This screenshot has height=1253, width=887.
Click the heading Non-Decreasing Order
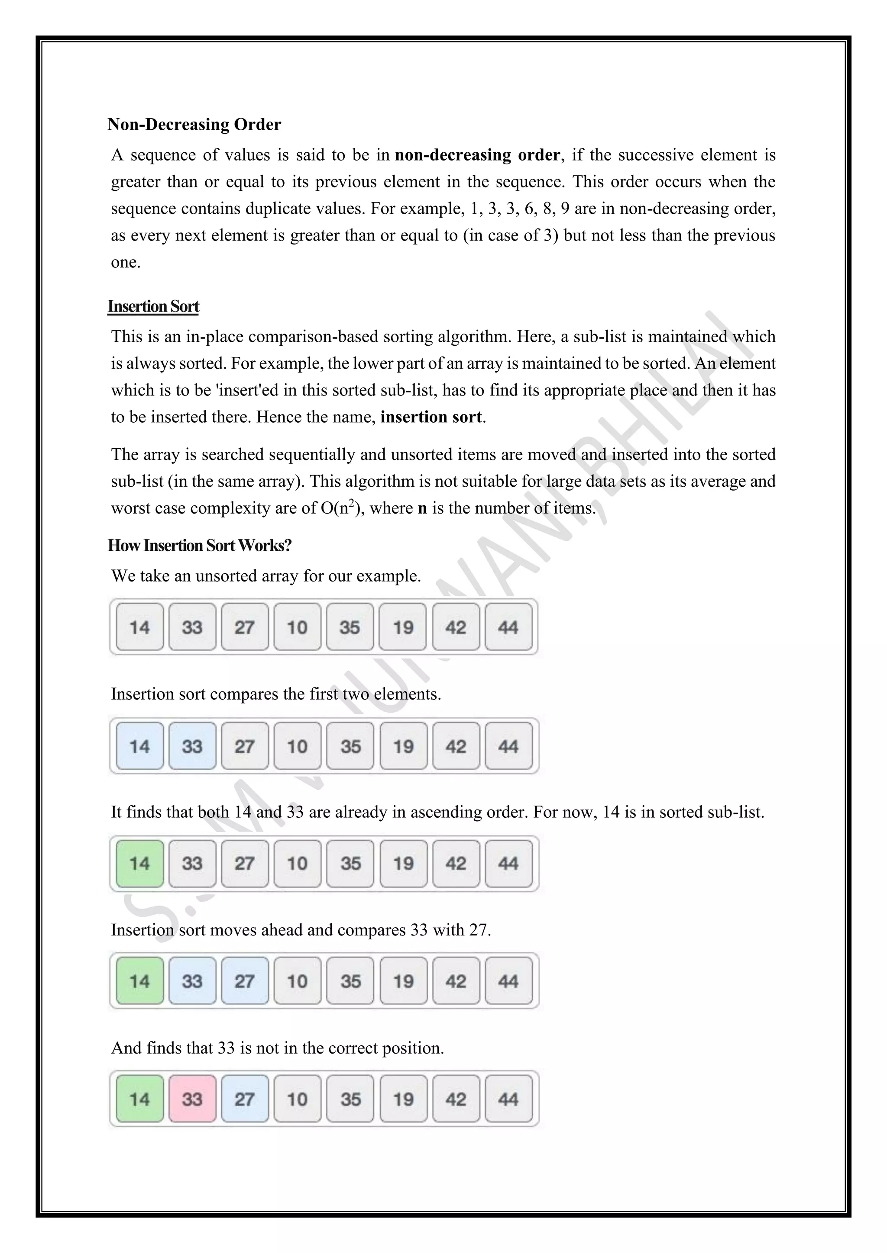pyautogui.click(x=194, y=125)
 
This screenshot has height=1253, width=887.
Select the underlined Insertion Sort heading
pyautogui.click(x=153, y=307)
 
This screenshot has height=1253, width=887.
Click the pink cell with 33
pyautogui.click(x=192, y=1099)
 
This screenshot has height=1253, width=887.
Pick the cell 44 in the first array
pyautogui.click(x=508, y=626)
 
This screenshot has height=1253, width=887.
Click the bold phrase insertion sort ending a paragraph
pyautogui.click(x=431, y=417)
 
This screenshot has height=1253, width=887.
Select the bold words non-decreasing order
pyautogui.click(x=477, y=155)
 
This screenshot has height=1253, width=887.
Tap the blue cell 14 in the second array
pyautogui.click(x=140, y=745)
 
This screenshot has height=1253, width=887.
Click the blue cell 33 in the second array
pyautogui.click(x=192, y=745)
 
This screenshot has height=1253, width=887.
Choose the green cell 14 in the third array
pyautogui.click(x=140, y=863)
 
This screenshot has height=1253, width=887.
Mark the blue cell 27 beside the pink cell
pyautogui.click(x=245, y=1099)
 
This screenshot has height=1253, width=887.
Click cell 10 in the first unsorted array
pyautogui.click(x=297, y=626)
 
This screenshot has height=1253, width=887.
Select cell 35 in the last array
pyautogui.click(x=350, y=1099)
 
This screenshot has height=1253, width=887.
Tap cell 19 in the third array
pyautogui.click(x=403, y=863)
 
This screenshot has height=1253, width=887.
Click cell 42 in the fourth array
pyautogui.click(x=456, y=981)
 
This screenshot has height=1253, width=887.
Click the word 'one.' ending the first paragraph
pyautogui.click(x=126, y=263)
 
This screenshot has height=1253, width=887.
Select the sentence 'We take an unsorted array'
pyautogui.click(x=265, y=576)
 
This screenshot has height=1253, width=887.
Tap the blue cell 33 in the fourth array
pyautogui.click(x=192, y=981)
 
